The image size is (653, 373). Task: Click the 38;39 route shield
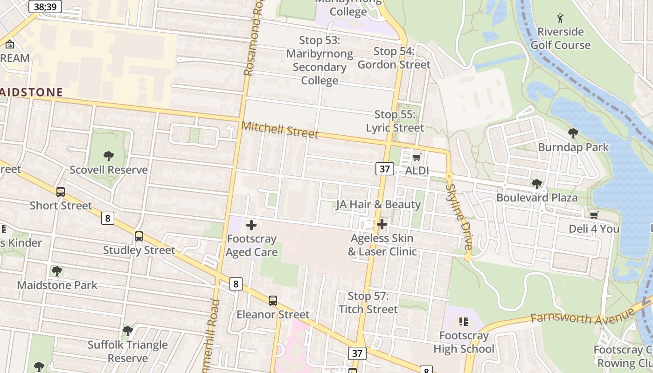click(45, 7)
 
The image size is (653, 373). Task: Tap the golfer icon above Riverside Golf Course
click(560, 18)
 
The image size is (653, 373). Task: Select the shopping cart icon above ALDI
click(417, 157)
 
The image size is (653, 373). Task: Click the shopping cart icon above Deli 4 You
click(594, 215)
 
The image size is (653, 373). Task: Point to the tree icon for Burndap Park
click(573, 134)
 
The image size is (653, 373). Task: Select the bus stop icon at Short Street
click(61, 192)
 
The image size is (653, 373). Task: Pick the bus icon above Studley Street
click(139, 236)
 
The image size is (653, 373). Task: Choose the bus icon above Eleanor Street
click(273, 301)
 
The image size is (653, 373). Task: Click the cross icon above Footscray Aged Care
click(251, 226)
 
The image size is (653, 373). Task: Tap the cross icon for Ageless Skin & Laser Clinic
click(382, 225)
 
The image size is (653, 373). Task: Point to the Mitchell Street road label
click(280, 130)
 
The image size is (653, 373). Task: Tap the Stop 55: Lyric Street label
click(395, 121)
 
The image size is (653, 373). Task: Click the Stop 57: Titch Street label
click(368, 303)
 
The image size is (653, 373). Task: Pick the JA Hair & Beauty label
click(378, 204)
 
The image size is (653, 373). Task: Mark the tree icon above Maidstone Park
click(57, 271)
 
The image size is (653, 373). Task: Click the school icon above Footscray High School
click(463, 322)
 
